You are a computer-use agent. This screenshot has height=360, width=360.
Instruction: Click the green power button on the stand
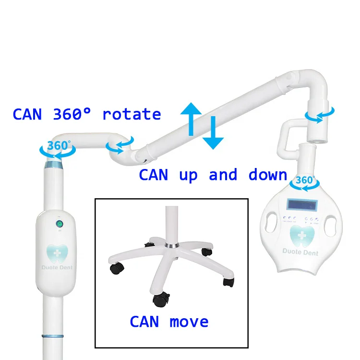59,224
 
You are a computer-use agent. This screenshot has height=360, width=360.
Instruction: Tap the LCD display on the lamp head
301,204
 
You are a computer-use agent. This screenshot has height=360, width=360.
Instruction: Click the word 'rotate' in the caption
132,114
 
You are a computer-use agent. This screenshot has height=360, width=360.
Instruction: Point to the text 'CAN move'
169,321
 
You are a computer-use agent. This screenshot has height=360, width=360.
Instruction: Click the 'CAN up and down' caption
213,175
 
